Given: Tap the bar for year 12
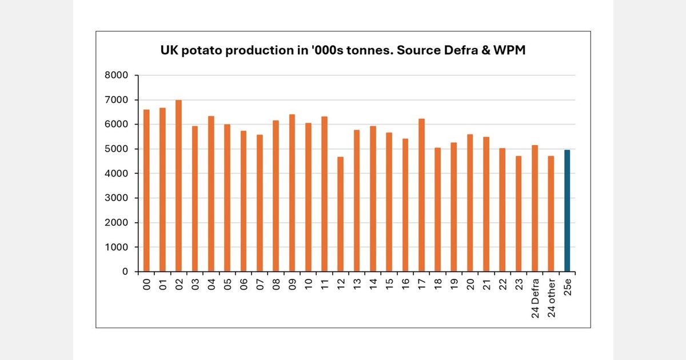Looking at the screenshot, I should click(x=341, y=214).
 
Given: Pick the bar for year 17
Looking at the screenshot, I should click(x=422, y=195).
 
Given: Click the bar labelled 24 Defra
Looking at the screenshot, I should click(x=535, y=209).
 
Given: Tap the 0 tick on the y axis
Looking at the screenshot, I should click(x=126, y=272).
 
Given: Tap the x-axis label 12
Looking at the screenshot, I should click(x=341, y=283).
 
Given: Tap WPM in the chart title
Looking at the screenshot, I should click(x=508, y=51).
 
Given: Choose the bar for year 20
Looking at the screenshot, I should click(x=470, y=203).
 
